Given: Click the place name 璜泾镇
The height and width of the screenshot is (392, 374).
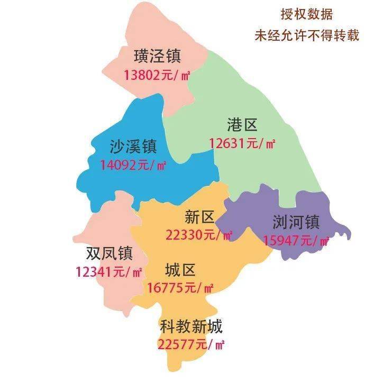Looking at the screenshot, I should tap(158, 56).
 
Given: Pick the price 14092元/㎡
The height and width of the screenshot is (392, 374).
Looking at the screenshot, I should tap(133, 165).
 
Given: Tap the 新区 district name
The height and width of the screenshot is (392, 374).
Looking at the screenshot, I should tap(199, 217).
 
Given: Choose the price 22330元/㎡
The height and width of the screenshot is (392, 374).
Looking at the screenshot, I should tap(199, 235).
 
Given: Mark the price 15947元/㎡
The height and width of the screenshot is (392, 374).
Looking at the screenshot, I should tap(296, 241).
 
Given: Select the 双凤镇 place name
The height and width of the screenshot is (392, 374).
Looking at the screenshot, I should tap(109, 254).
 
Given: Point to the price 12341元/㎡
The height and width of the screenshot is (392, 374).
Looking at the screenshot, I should tap(109, 273).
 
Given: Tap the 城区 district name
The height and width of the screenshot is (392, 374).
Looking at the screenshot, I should tap(180, 271).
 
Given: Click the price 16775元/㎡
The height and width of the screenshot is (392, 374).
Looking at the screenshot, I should tap(180, 288).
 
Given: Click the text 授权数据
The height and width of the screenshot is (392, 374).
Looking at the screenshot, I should tap(307, 14).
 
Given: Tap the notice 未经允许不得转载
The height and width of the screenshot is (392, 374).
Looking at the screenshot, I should tap(307, 35).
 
